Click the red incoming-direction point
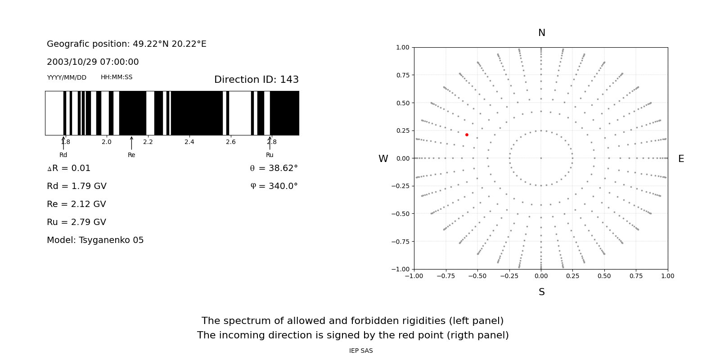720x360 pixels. pyautogui.click(x=467, y=135)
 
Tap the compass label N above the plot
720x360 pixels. pyautogui.click(x=541, y=33)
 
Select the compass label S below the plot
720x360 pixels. pyautogui.click(x=541, y=292)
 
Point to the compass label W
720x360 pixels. pyautogui.click(x=383, y=159)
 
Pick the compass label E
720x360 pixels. pyautogui.click(x=681, y=159)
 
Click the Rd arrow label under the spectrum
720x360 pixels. pyautogui.click(x=63, y=155)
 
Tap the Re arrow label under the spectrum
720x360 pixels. pyautogui.click(x=131, y=155)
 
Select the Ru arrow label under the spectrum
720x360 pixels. pyautogui.click(x=270, y=155)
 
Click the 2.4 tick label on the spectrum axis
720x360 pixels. pyautogui.click(x=189, y=142)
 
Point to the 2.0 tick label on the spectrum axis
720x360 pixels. pyautogui.click(x=106, y=142)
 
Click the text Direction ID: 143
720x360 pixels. pyautogui.click(x=256, y=80)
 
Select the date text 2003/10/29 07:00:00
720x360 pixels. pyautogui.click(x=93, y=62)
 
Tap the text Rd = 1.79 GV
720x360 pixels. pyautogui.click(x=76, y=186)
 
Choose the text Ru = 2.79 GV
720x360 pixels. pyautogui.click(x=76, y=222)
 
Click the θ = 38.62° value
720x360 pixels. pyautogui.click(x=274, y=168)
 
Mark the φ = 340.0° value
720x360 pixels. pyautogui.click(x=274, y=186)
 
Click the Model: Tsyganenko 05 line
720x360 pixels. pyautogui.click(x=95, y=240)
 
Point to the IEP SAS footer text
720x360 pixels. pyautogui.click(x=360, y=351)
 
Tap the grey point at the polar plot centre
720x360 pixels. pyautogui.click(x=541, y=158)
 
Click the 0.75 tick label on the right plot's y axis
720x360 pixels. pyautogui.click(x=402, y=75)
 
